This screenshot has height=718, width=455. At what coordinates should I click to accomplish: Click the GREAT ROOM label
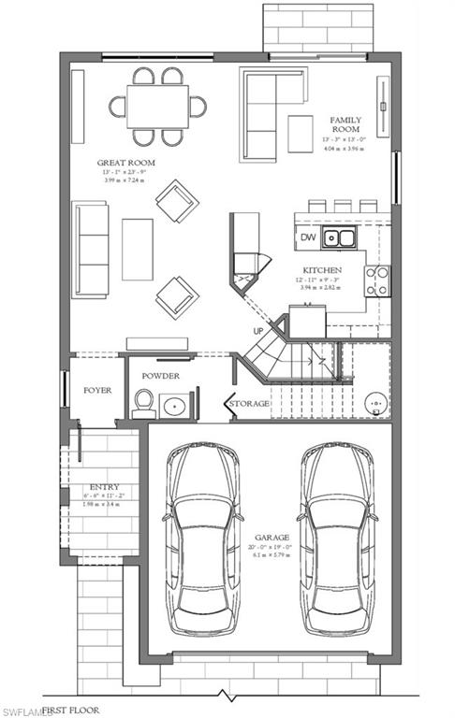[126, 163]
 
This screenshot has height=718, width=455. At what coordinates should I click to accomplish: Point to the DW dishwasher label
[308, 237]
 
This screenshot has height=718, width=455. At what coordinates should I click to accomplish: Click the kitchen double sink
[339, 238]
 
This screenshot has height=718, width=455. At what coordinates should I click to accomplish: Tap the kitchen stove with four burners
[377, 280]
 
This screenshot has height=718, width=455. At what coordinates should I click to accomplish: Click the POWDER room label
[160, 376]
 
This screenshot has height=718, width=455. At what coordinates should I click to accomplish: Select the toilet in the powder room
[143, 403]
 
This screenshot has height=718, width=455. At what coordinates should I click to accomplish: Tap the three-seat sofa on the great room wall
[92, 248]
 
